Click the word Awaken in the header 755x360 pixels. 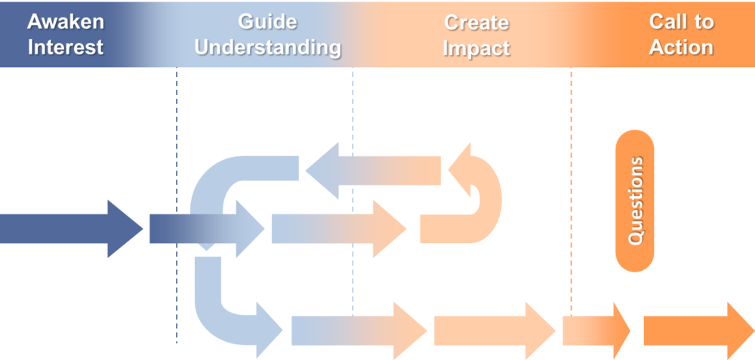(x=65, y=22)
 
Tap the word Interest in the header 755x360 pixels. (x=65, y=48)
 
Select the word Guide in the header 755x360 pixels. (x=267, y=22)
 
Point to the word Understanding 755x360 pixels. (x=267, y=48)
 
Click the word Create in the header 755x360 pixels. (x=476, y=22)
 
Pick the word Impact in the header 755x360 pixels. (x=476, y=48)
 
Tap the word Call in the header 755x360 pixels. (x=667, y=22)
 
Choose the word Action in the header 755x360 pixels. (x=681, y=48)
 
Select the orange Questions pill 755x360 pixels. (x=635, y=201)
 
